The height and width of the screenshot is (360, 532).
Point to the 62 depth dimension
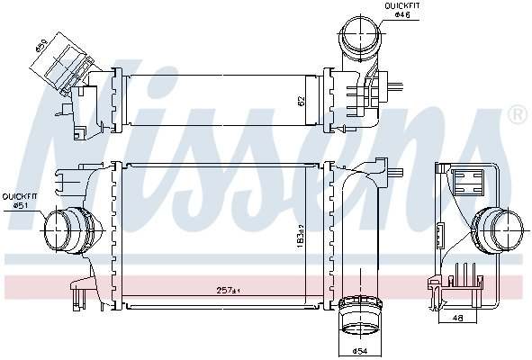[x=302, y=103]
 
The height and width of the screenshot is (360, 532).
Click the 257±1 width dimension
[x=227, y=290]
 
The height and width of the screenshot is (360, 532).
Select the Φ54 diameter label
[x=359, y=350]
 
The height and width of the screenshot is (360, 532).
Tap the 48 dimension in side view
[x=459, y=318]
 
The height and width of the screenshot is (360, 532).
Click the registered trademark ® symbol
[x=517, y=115]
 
